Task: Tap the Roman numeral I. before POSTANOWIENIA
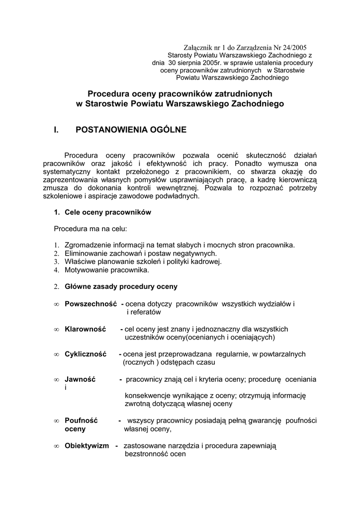pos(57,130)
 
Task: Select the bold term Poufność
pos(81,421)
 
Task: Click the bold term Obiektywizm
pos(87,446)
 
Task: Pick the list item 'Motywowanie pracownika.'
pos(106,270)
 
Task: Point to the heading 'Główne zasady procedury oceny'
pos(121,287)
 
